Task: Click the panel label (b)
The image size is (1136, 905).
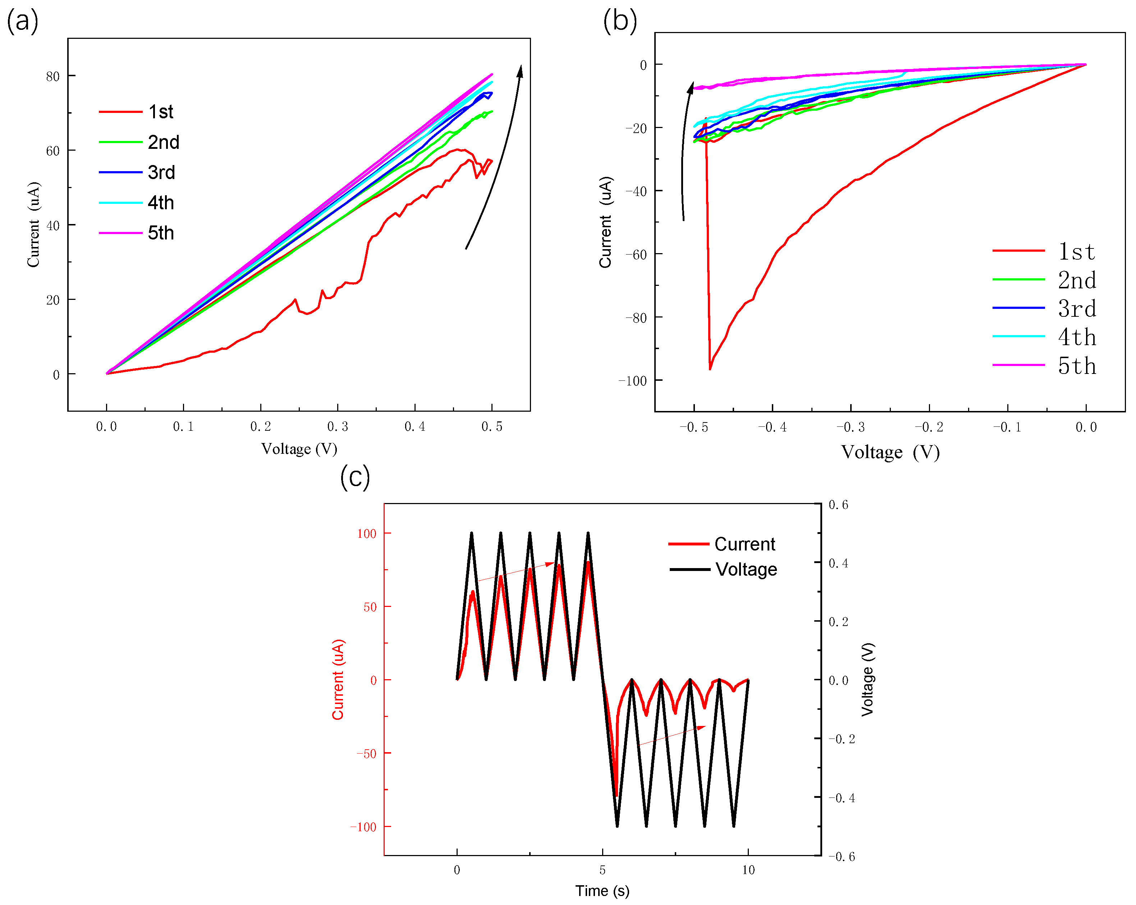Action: pos(620,22)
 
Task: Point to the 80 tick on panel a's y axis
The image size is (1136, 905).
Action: pos(53,77)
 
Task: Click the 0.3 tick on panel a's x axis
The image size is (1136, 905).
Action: pos(338,426)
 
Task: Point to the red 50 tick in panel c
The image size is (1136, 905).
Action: pos(370,607)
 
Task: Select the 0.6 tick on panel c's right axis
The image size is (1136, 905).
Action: pos(838,504)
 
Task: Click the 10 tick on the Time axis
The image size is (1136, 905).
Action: pos(748,870)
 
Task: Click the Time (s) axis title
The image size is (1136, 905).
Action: pos(602,891)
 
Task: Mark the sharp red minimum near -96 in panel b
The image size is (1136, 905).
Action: pos(710,369)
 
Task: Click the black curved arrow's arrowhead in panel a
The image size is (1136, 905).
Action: pos(520,70)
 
